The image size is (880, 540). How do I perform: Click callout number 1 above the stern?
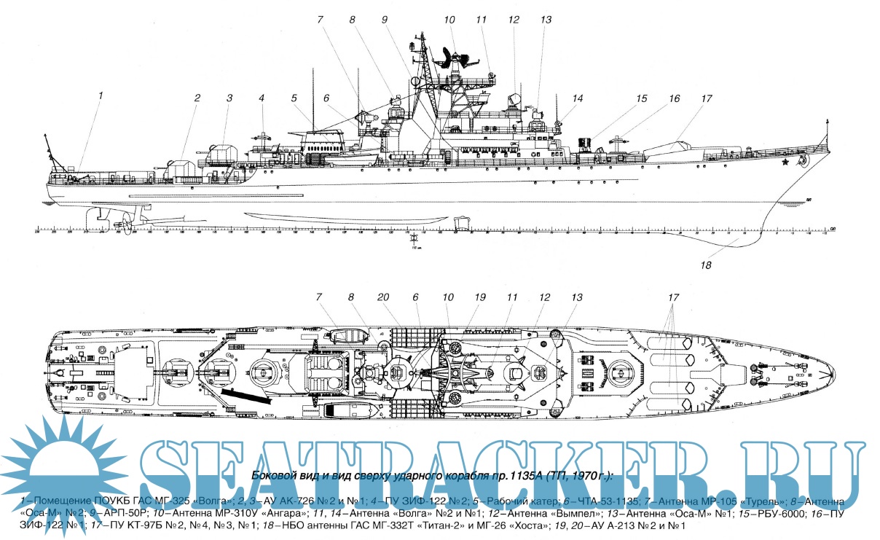(x=101, y=95)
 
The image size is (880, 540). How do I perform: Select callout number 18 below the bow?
(x=705, y=265)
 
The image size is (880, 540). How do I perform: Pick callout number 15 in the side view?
(x=641, y=98)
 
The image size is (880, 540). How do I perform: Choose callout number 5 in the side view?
(x=294, y=98)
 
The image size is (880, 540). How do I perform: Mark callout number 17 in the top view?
(x=674, y=297)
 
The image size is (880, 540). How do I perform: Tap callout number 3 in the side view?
(x=229, y=98)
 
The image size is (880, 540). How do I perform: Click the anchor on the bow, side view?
(x=804, y=158)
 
